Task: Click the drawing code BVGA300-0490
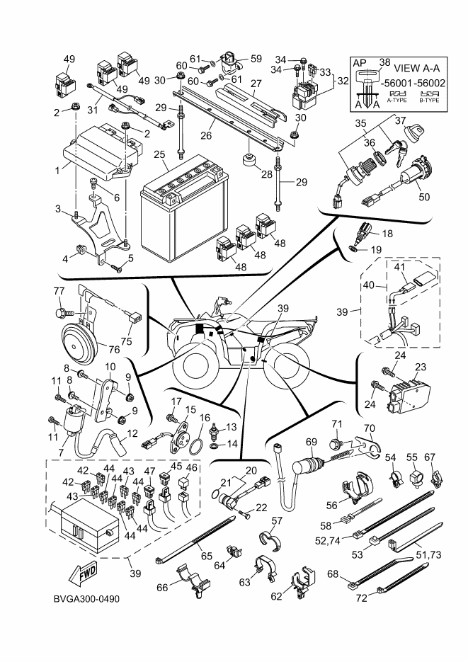(86, 599)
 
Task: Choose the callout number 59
(256, 58)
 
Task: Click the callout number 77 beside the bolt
(59, 292)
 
